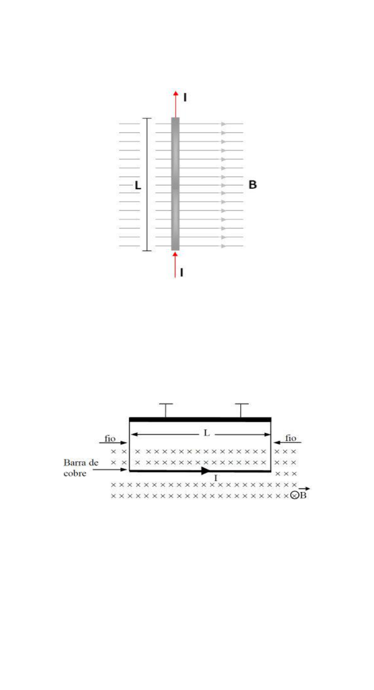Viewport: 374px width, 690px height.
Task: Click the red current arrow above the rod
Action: (175, 104)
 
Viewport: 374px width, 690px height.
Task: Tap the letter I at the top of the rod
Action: (185, 97)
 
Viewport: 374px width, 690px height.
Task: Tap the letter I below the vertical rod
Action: (182, 272)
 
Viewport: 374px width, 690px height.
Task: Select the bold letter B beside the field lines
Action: (253, 185)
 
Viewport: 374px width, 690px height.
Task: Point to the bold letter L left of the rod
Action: (138, 185)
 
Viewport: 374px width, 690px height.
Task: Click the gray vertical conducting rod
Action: (175, 184)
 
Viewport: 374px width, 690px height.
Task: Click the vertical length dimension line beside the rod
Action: (147, 184)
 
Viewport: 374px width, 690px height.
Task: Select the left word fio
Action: (110, 438)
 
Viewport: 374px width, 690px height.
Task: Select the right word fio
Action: (291, 438)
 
